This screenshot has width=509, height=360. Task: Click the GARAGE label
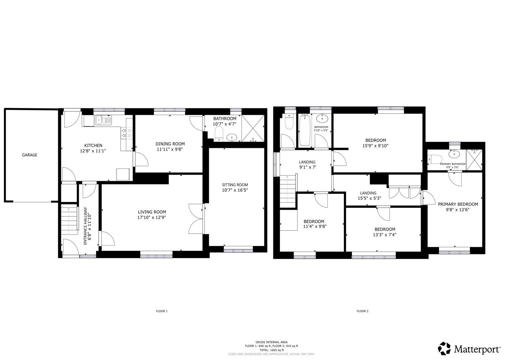tap(29, 155)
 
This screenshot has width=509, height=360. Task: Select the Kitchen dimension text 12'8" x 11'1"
tap(93, 151)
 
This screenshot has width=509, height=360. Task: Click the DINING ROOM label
tap(170, 144)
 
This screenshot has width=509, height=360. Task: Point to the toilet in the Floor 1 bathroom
tap(219, 135)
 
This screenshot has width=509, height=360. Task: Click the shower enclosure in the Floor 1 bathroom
tap(253, 128)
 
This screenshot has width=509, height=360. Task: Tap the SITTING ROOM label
tap(235, 185)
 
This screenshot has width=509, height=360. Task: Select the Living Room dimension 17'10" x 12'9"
tap(152, 217)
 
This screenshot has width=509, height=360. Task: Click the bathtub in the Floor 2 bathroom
tap(304, 130)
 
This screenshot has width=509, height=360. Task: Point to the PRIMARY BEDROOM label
tap(458, 204)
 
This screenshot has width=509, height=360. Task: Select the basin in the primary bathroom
tap(453, 154)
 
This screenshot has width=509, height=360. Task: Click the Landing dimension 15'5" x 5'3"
tap(368, 198)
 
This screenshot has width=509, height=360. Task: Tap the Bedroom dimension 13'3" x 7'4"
tap(385, 235)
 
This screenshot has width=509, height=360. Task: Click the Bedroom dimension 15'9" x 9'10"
tap(375, 146)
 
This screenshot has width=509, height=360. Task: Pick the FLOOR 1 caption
tap(162, 311)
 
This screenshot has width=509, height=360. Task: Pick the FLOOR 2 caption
tap(362, 311)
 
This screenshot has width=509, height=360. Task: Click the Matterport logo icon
tap(444, 348)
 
